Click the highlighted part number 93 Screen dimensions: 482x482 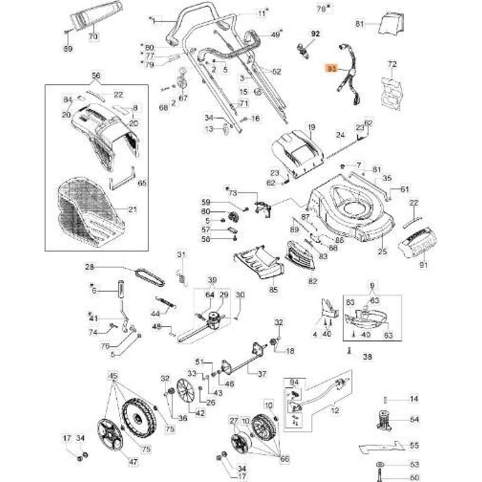pyautogui.click(x=331, y=69)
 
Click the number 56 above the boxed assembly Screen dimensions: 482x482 pyautogui.click(x=95, y=75)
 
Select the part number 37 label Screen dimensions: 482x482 pyautogui.click(x=261, y=374)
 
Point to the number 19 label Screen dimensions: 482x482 pyautogui.click(x=311, y=127)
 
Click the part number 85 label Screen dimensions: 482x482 pyautogui.click(x=274, y=290)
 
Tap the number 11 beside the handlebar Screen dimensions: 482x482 pyautogui.click(x=261, y=13)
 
